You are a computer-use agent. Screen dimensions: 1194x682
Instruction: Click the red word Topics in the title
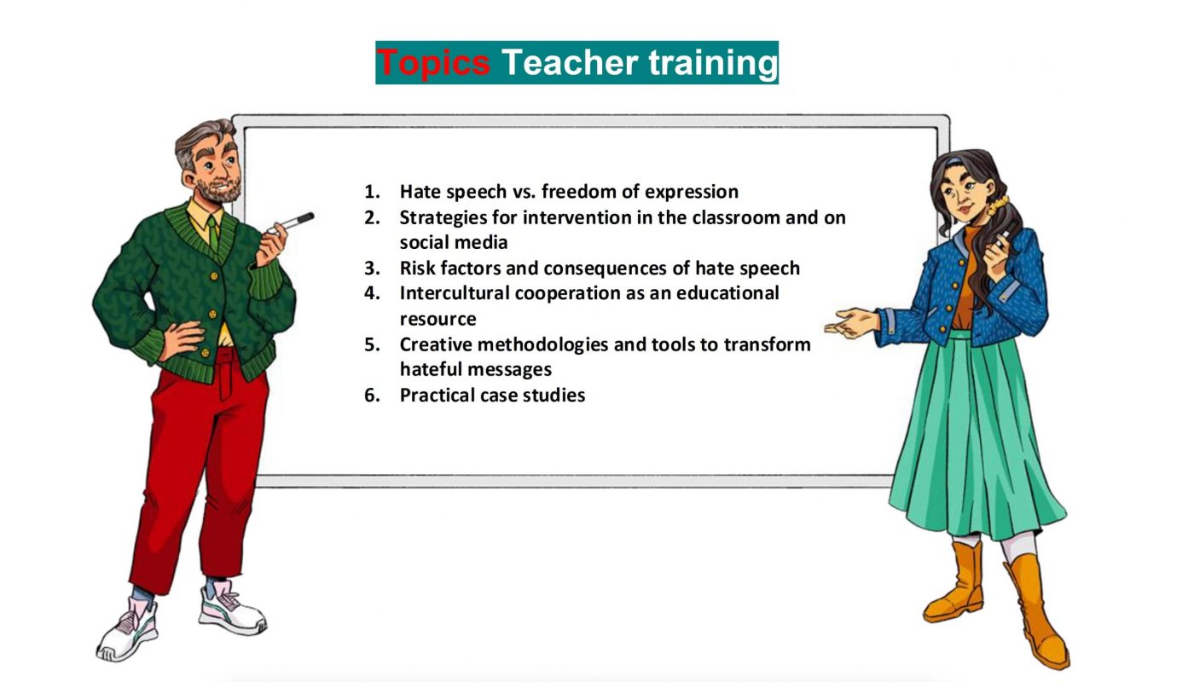(433, 63)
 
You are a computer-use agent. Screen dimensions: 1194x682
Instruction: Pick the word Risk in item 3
(417, 268)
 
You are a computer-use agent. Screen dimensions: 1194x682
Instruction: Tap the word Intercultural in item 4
(454, 293)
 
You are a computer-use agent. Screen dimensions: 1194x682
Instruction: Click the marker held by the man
(291, 223)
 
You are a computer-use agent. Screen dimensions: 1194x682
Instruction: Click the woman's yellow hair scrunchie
(998, 205)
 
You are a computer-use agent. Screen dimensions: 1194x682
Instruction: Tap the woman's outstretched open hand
(851, 323)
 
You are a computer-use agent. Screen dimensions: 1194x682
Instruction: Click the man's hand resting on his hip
(181, 339)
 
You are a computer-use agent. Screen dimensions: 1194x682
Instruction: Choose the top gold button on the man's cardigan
(214, 276)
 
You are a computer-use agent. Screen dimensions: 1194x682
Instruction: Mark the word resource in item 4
(438, 320)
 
